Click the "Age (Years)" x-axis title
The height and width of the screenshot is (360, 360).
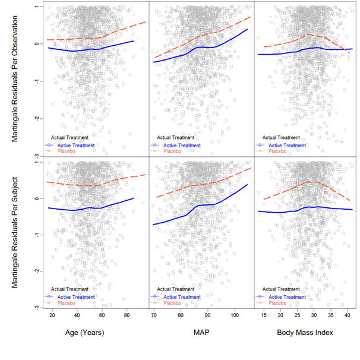[84, 333]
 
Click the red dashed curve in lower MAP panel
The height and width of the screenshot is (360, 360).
[202, 185]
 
